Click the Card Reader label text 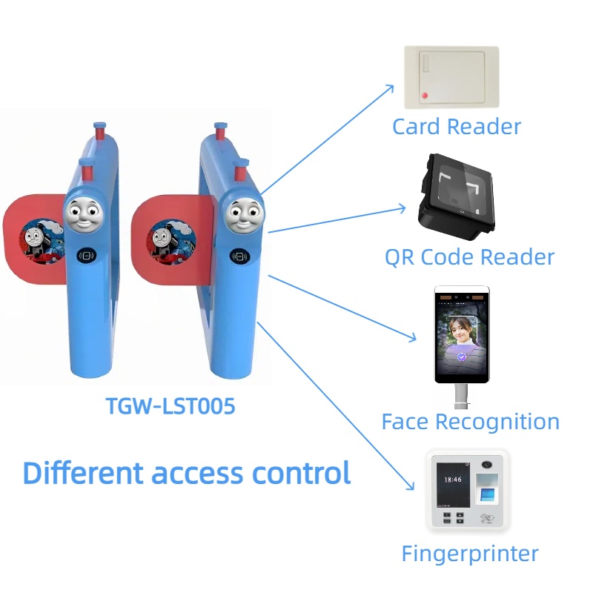click(456, 127)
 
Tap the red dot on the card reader click(425, 96)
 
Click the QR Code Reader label click(469, 258)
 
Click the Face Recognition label click(470, 422)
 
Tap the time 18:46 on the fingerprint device click(452, 480)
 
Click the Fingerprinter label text click(469, 554)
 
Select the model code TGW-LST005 click(170, 405)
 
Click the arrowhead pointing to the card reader click(392, 87)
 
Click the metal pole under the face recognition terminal click(460, 396)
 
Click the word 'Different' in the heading click(82, 473)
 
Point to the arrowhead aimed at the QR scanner click(403, 209)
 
